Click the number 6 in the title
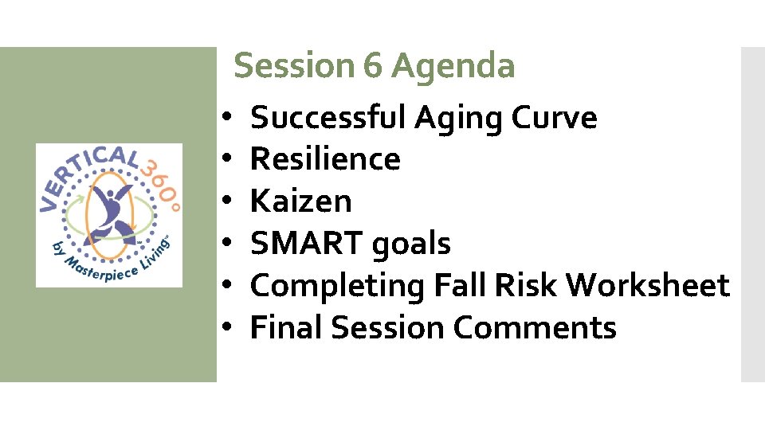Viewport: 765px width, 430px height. tap(372, 66)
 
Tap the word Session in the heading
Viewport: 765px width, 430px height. tap(296, 66)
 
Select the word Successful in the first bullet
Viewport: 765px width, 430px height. tap(328, 118)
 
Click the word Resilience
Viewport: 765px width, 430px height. tap(325, 159)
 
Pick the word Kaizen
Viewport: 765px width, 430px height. tap(300, 201)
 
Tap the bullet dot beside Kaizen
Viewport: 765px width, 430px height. tap(227, 202)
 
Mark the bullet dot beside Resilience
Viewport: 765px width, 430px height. tap(227, 160)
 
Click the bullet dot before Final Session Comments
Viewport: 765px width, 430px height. tap(227, 328)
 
